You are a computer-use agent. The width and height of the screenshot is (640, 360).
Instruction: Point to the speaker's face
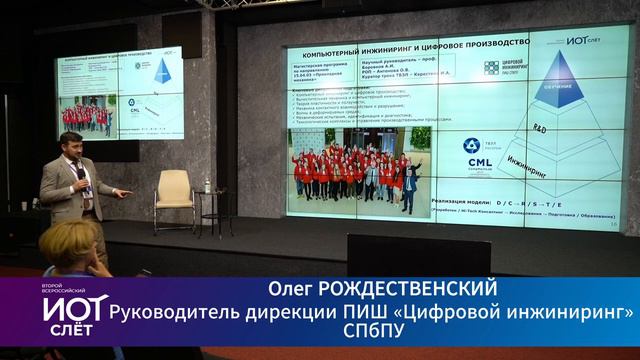coord(71,148)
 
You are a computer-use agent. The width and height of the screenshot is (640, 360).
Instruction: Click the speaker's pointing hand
coord(119,190)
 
